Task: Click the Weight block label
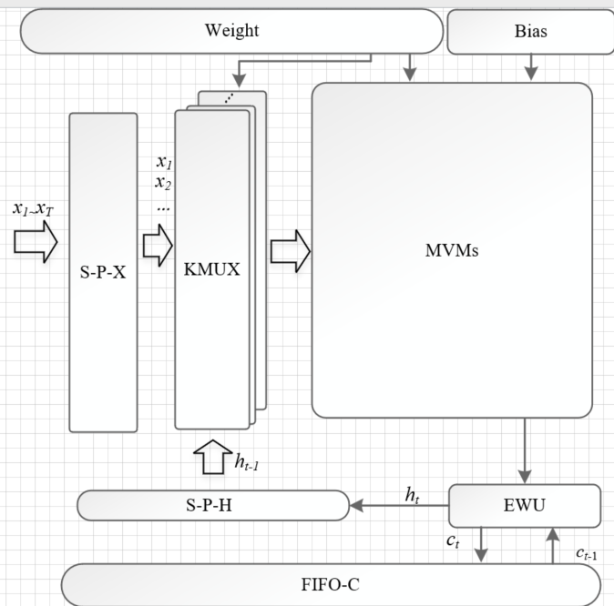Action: pos(230,30)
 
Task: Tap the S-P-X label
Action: pos(103,272)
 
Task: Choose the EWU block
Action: pos(525,505)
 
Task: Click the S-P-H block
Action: pos(213,505)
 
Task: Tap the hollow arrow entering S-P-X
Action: pos(36,242)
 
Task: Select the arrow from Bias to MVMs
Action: pos(532,66)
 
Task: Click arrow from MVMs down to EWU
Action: pos(525,451)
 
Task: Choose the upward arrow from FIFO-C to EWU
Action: pos(553,546)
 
